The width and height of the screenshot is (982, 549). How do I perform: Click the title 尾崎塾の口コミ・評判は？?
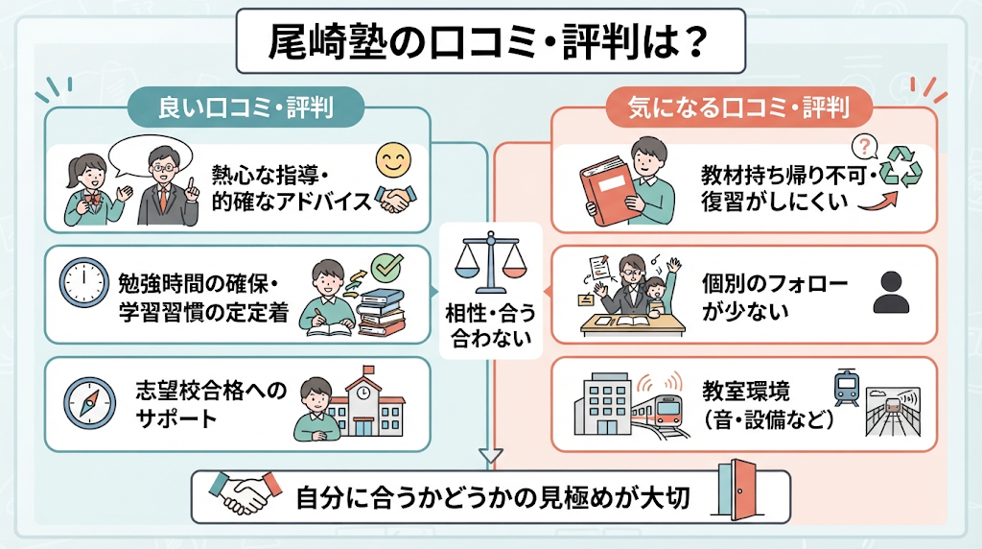tap(488, 42)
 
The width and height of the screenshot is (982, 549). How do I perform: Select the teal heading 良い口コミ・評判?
tap(245, 107)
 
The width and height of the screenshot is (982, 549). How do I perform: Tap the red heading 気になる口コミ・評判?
tap(739, 107)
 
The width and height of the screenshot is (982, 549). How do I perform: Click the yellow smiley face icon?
tap(393, 160)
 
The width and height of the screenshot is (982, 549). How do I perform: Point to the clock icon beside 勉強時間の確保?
tap(84, 282)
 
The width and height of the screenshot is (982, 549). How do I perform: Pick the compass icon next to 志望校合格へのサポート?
tap(89, 403)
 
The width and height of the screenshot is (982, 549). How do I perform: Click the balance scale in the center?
tap(490, 263)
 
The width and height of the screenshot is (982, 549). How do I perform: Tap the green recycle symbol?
tap(901, 167)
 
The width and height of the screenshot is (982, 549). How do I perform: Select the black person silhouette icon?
tap(891, 293)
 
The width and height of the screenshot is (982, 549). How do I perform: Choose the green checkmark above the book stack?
tap(387, 268)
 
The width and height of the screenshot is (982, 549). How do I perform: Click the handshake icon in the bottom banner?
tap(246, 492)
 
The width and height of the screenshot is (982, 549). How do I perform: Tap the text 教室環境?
tap(745, 391)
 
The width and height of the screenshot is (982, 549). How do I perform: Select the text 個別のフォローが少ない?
tap(775, 298)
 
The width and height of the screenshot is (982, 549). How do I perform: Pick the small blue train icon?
tap(846, 388)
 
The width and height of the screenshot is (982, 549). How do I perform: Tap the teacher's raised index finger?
tap(193, 177)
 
